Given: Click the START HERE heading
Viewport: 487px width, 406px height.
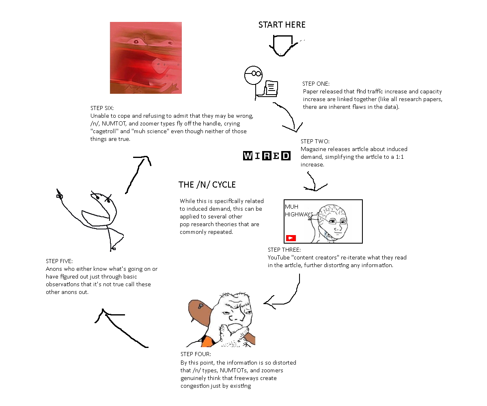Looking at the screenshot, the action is coord(282,25).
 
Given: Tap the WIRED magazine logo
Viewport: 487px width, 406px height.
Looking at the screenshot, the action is coord(267,155).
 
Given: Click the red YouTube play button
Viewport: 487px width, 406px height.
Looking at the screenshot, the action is coord(291,238).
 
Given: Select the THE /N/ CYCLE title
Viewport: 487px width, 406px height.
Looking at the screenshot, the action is coord(207,185).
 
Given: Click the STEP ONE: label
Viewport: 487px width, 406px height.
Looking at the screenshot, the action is coord(316,84).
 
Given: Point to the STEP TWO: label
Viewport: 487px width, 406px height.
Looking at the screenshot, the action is coord(315,141).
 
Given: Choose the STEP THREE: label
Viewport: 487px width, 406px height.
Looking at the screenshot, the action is coord(284,250).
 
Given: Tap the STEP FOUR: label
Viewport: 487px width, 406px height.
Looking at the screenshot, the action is coord(196,354).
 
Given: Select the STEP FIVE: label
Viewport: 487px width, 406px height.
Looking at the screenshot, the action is coord(59,261).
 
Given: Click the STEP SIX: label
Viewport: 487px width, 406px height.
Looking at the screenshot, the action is coord(102,108).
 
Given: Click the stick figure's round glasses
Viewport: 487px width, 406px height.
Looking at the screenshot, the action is coord(256,74).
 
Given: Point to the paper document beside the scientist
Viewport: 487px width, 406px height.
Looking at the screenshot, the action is coord(271,88).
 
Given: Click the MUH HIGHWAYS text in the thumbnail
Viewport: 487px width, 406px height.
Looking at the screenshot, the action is coord(299,210).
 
